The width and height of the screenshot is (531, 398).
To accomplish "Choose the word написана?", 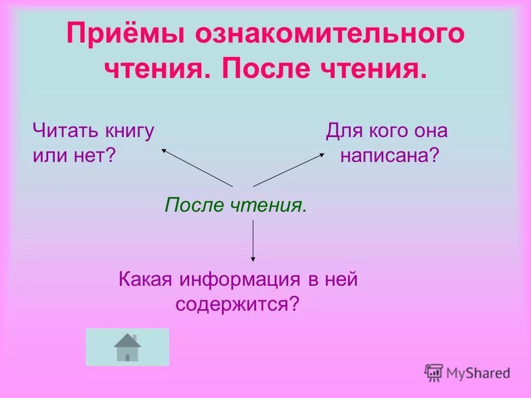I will point(389,156).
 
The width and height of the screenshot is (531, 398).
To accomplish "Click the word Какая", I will point(145,280).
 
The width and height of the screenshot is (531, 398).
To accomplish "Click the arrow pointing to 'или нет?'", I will point(196,167).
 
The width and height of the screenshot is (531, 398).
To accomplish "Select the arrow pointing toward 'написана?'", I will point(289,169).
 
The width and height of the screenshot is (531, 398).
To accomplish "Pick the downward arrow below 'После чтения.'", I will point(253,240).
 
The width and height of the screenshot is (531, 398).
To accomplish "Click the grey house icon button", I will point(127,347).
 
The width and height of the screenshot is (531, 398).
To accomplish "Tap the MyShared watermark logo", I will point(467,373).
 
